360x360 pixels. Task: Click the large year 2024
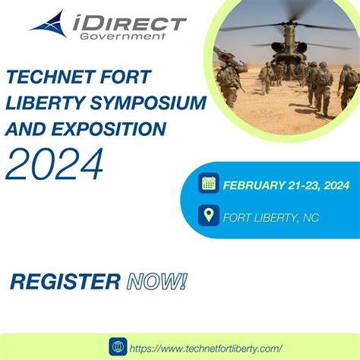click(55, 163)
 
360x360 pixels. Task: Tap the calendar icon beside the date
click(209, 182)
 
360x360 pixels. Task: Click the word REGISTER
click(65, 283)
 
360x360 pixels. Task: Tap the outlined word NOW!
click(156, 283)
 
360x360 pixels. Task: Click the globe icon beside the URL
click(118, 346)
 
